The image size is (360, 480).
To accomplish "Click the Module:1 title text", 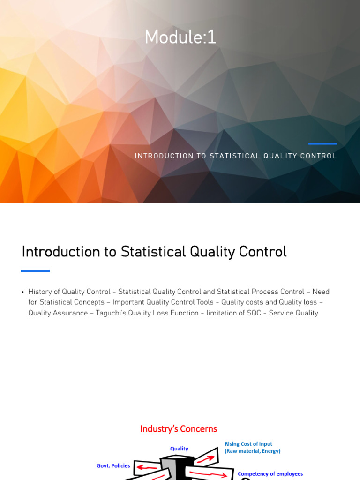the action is (x=180, y=37).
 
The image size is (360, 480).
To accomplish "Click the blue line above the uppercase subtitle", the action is (x=322, y=143).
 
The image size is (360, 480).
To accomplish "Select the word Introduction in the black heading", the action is (x=61, y=252).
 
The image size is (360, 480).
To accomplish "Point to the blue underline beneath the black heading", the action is (x=35, y=271).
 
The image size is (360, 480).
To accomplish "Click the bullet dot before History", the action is (x=23, y=292).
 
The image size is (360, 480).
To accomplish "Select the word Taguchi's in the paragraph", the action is (x=111, y=313).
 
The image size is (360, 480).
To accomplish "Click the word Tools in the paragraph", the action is (x=205, y=302).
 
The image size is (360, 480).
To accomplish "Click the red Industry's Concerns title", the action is (x=179, y=429).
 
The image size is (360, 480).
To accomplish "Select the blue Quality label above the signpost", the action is (x=179, y=449).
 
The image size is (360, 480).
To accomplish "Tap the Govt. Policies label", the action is (x=113, y=465).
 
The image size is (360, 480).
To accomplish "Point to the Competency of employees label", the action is (x=270, y=474).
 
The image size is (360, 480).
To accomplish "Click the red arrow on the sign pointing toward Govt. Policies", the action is (x=147, y=467).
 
